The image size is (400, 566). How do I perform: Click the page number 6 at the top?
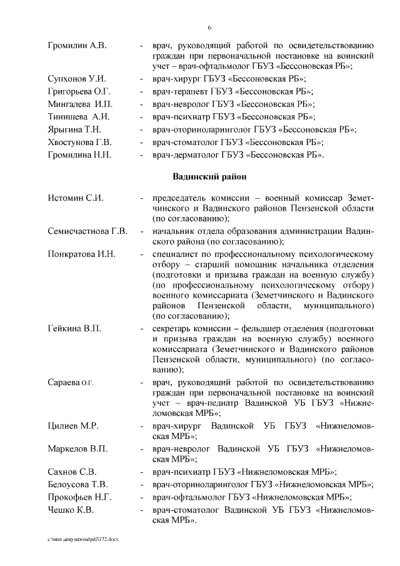click(x=209, y=28)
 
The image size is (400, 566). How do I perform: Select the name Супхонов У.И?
click(x=77, y=78)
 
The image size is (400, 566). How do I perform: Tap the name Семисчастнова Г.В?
click(x=87, y=231)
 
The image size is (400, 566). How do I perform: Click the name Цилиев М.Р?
click(x=73, y=426)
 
